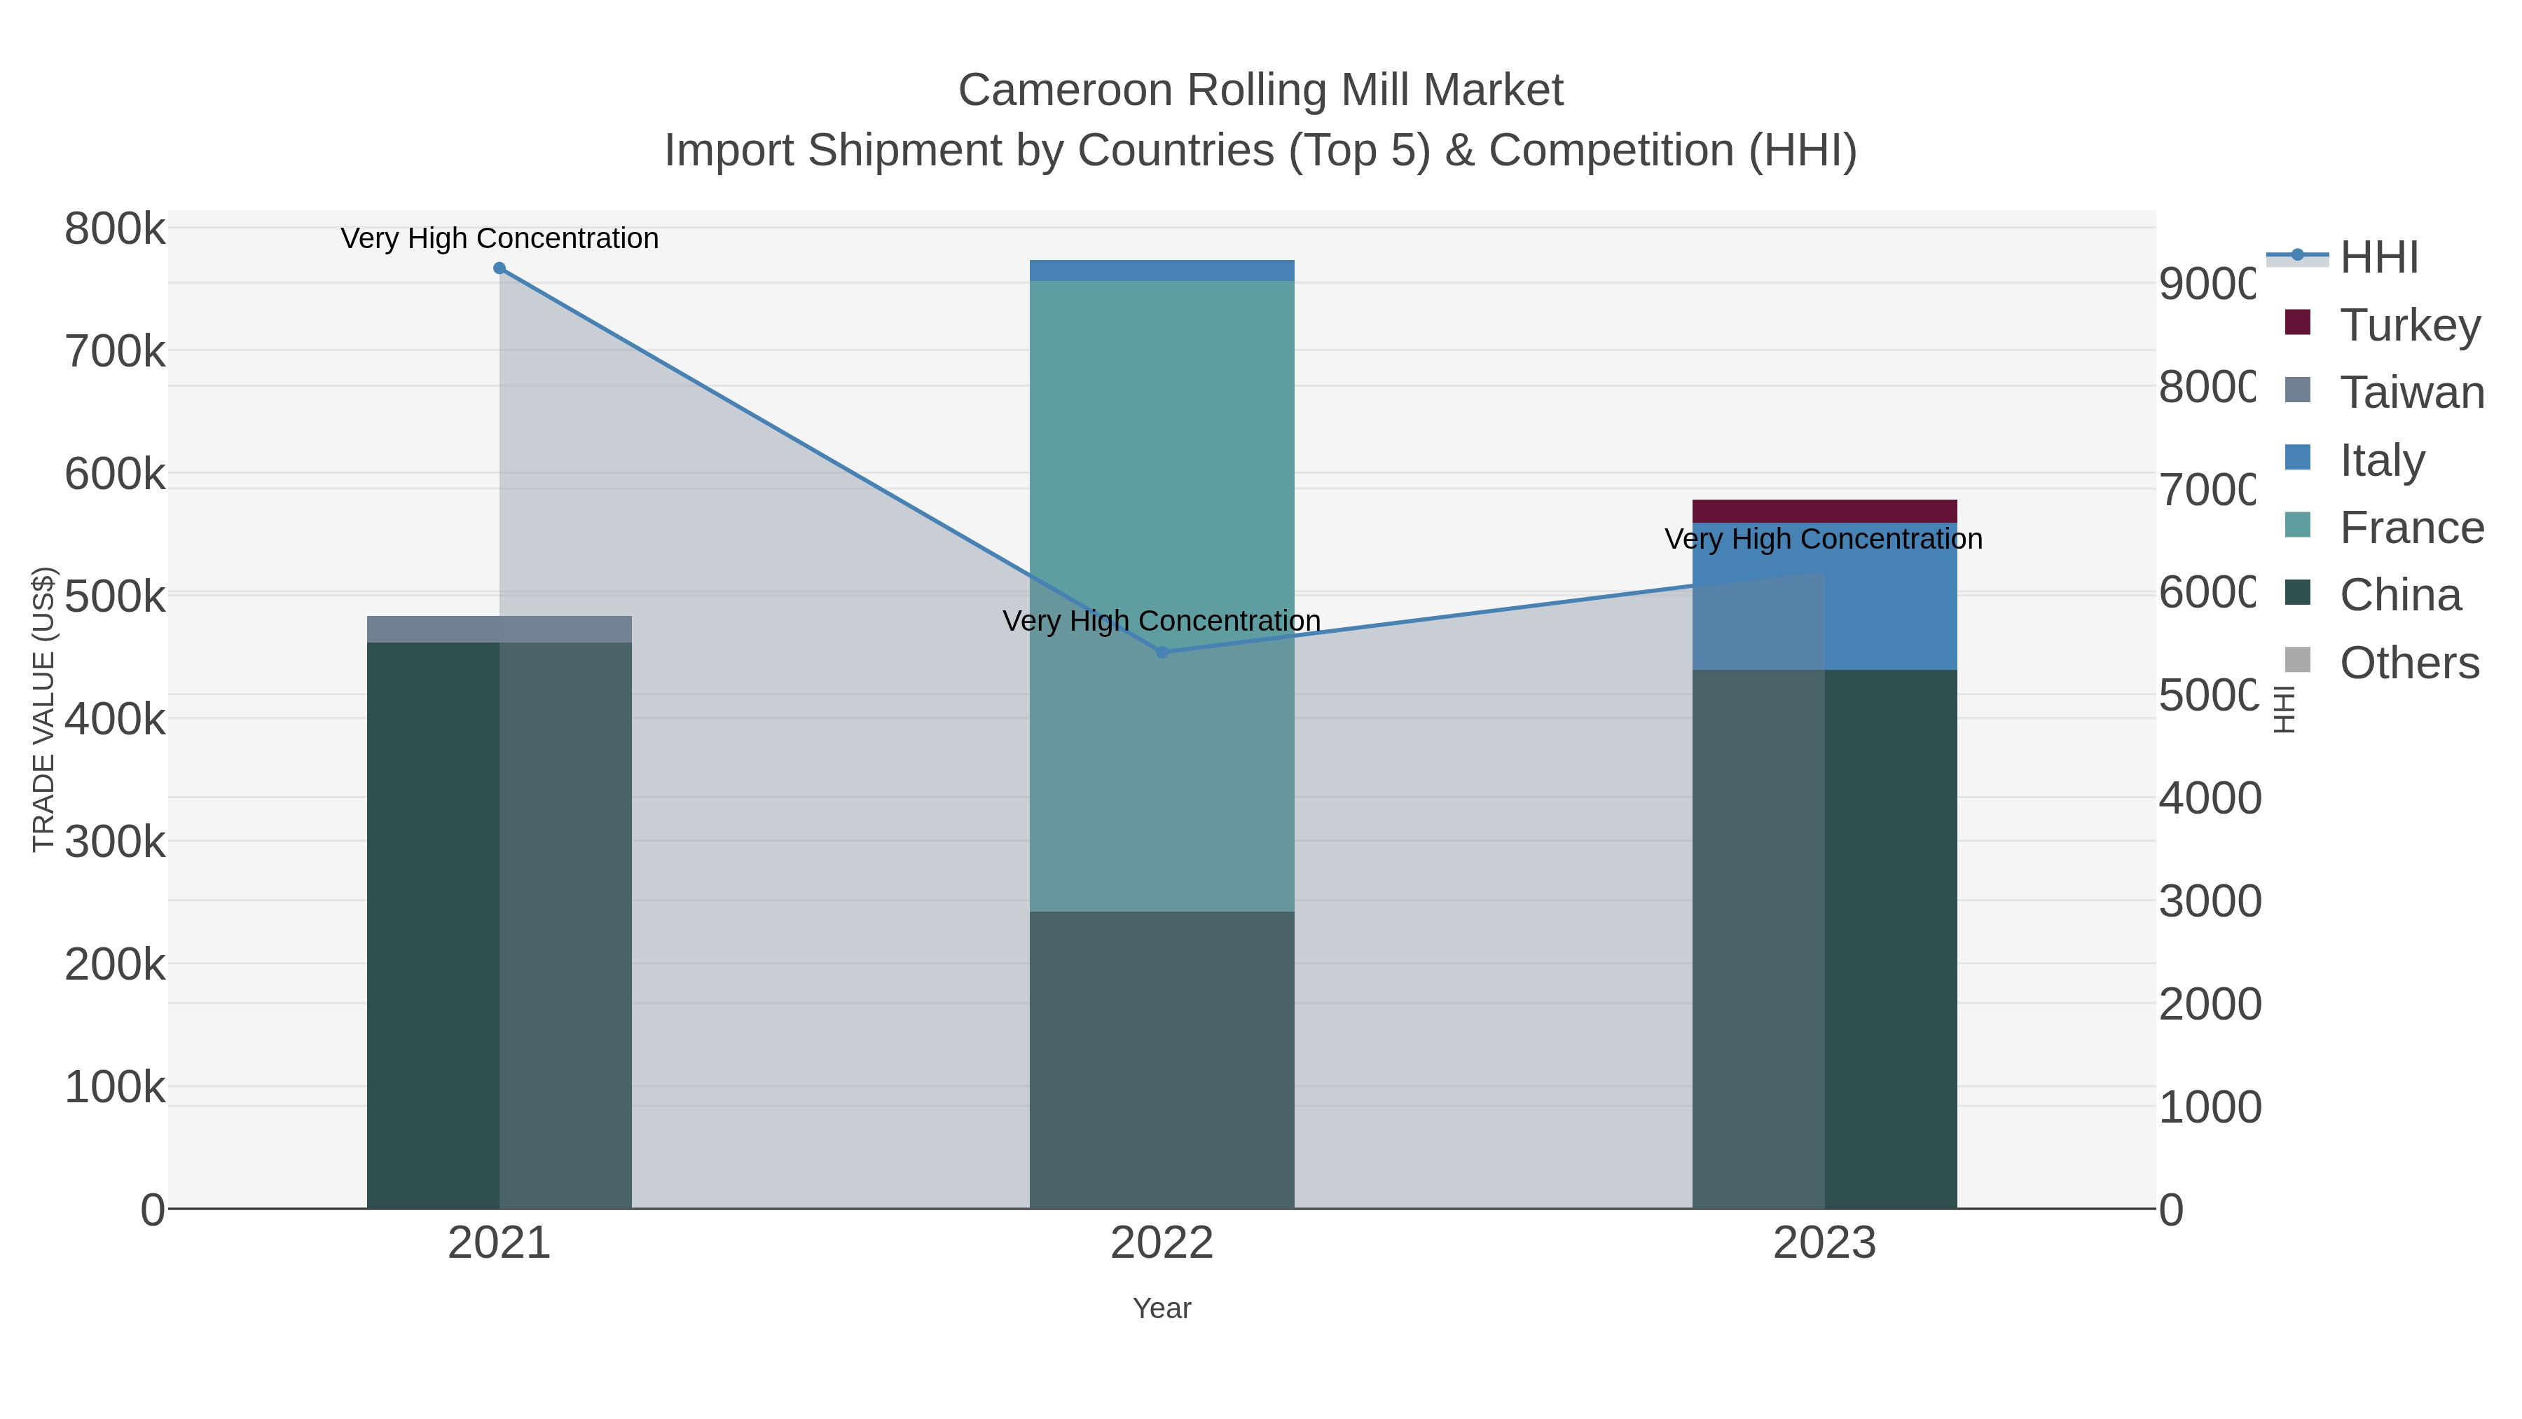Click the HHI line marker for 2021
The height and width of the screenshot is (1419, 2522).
[x=499, y=268]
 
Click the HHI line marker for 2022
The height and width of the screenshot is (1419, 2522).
[x=1162, y=652]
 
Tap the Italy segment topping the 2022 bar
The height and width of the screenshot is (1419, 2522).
[x=1162, y=270]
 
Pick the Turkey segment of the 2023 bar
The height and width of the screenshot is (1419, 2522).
[x=1824, y=510]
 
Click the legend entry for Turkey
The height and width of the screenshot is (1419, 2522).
[x=2409, y=325]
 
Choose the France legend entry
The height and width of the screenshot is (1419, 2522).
[x=2411, y=528]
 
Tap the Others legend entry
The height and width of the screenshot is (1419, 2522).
[x=2409, y=663]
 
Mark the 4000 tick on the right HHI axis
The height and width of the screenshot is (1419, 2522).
[x=2210, y=798]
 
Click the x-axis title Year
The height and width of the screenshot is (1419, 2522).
[x=1162, y=1308]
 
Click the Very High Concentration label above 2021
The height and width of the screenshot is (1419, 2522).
[x=499, y=238]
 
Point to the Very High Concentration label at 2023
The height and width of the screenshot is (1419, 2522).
[x=1823, y=539]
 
